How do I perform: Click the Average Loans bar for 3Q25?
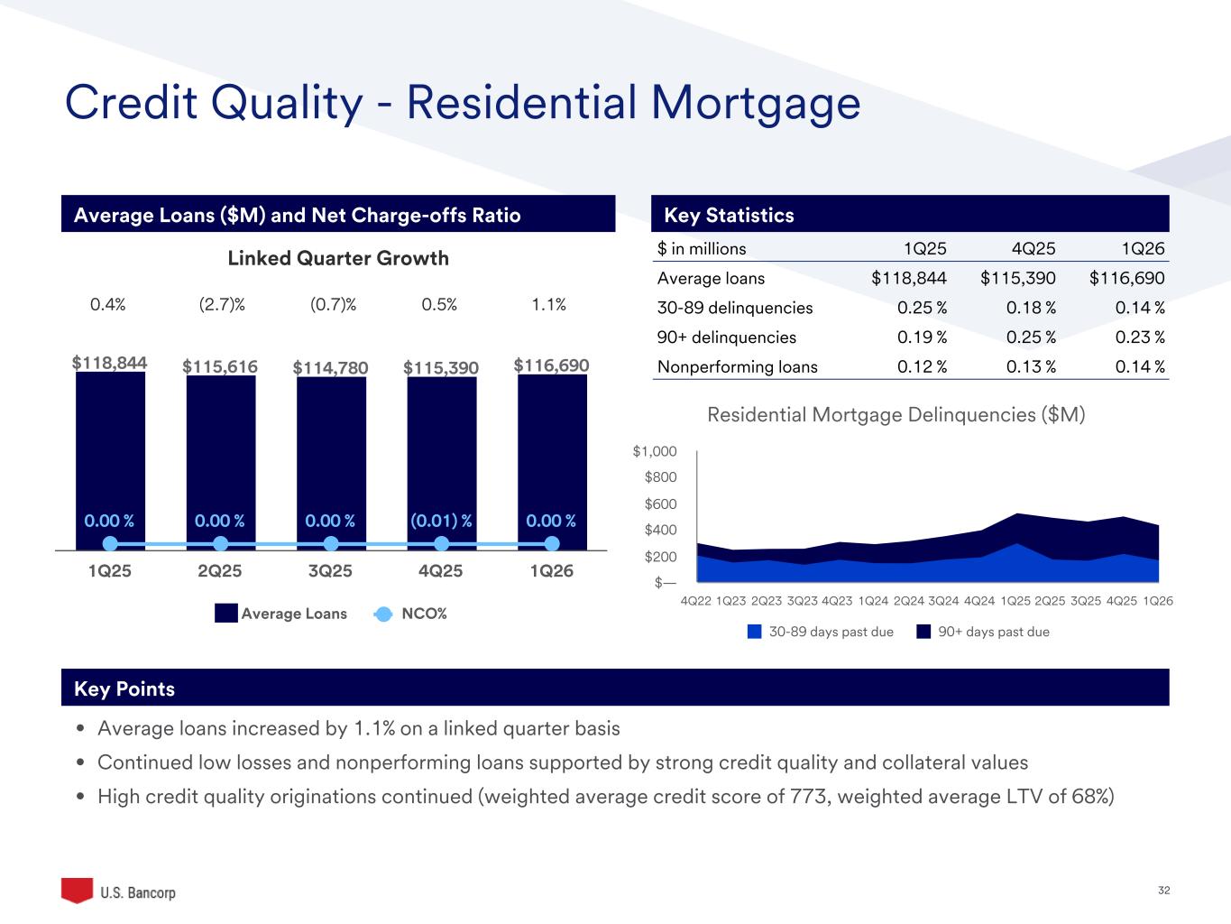(x=331, y=451)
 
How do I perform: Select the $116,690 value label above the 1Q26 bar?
(x=551, y=365)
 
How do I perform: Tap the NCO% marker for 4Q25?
(x=442, y=543)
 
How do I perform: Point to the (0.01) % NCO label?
(x=441, y=521)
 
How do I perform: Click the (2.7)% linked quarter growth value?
(x=222, y=305)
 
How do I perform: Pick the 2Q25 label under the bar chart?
(x=220, y=571)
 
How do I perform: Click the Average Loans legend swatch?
(x=225, y=614)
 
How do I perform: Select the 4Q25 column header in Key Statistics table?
(x=1033, y=249)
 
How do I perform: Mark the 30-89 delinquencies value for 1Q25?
(x=922, y=308)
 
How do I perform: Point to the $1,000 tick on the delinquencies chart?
(x=655, y=451)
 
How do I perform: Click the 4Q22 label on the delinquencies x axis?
(x=695, y=601)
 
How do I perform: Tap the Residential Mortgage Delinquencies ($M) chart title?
(x=896, y=415)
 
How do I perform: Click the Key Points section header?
(x=124, y=688)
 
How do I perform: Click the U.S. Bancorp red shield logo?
(x=77, y=890)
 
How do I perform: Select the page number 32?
(x=1163, y=891)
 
